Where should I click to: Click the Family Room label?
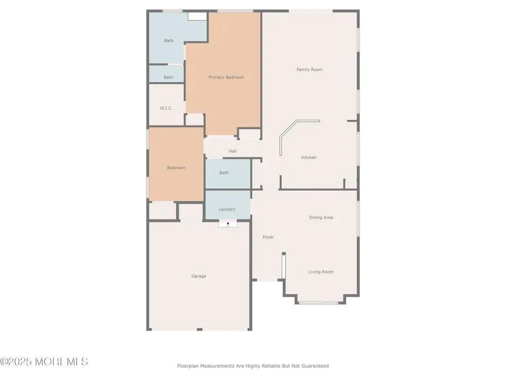pos(310,70)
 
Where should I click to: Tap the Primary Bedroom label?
pos(226,77)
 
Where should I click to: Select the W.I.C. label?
pos(166,108)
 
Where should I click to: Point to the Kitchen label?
pos(309,158)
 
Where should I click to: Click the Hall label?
pos(233,151)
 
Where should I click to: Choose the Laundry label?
pos(227,210)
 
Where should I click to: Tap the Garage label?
pos(198,276)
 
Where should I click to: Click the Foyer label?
pos(268,237)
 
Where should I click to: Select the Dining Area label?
pos(321,217)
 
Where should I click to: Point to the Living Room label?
pos(321,272)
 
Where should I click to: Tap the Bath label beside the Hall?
pos(224,173)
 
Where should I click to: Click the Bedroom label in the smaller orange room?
pos(176,168)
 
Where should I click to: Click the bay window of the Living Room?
pos(318,303)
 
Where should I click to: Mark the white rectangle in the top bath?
pos(197,17)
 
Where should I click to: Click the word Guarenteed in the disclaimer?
pos(315,366)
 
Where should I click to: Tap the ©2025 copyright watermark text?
pos(44,362)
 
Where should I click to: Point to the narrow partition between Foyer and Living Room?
pos(283,266)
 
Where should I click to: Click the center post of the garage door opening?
pos(199,329)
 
